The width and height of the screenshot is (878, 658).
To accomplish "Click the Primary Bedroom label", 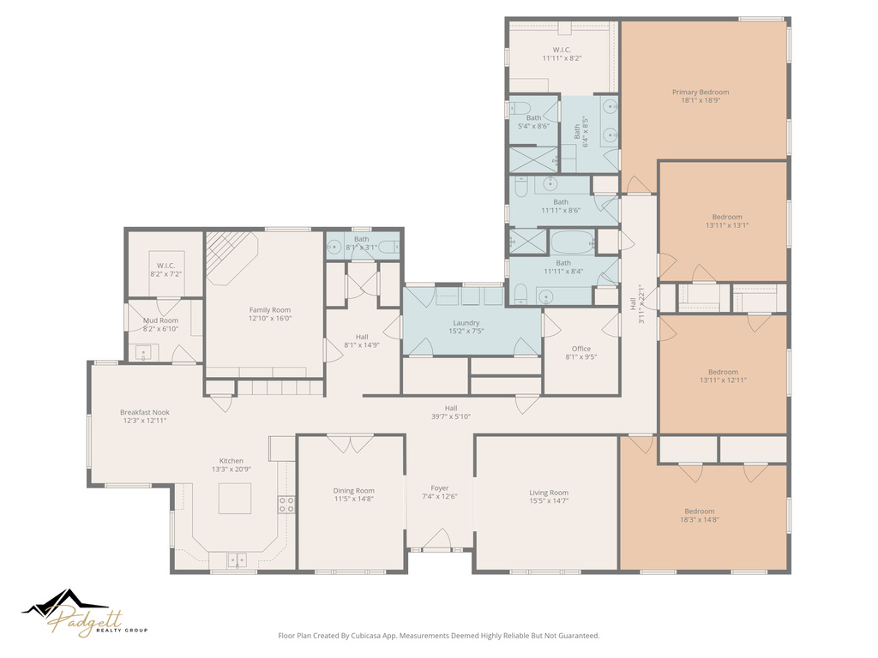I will point(701,93).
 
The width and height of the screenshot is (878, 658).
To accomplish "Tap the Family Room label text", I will point(270,310).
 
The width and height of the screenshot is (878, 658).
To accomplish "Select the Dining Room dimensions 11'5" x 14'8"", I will point(354,499).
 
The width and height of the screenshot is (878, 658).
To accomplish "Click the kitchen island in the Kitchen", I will point(234,498).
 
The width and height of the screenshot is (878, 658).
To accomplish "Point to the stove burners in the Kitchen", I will point(286,505).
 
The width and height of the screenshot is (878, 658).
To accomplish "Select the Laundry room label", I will point(466,323).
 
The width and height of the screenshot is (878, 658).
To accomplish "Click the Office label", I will point(580,349).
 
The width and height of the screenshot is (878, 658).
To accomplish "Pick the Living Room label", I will point(549,493).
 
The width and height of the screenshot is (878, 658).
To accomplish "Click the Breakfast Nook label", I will point(145,412).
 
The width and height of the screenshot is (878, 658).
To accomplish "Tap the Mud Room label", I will point(160,320).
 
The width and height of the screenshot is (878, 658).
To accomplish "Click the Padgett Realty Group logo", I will point(85,614).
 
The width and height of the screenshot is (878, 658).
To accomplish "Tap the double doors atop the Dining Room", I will point(351,444).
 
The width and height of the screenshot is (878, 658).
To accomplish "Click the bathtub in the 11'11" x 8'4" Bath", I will point(573,242).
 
